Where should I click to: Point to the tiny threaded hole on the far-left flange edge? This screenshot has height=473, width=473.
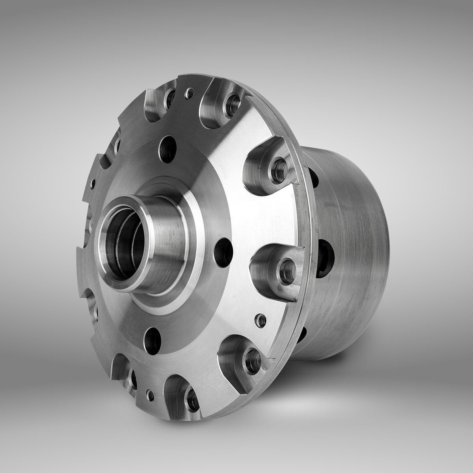pyautogui.click(x=93, y=182)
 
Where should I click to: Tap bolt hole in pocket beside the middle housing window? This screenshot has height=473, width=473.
pyautogui.click(x=287, y=268)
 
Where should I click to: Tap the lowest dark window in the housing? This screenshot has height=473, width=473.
pyautogui.click(x=301, y=335)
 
